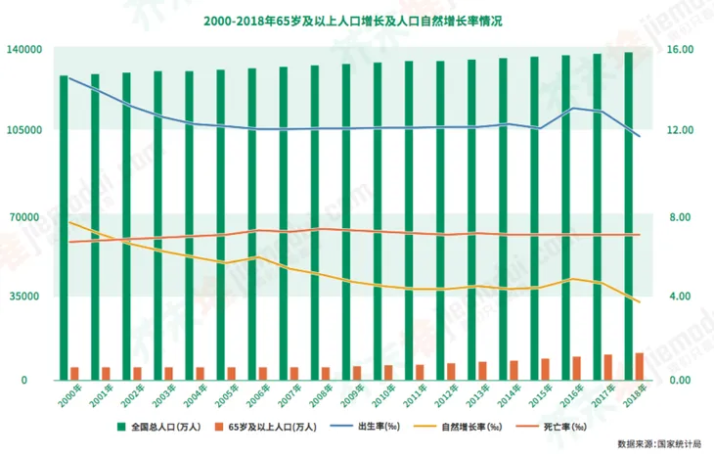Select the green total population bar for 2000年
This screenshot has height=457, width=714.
point(64,225)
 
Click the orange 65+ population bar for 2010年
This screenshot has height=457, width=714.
point(388,371)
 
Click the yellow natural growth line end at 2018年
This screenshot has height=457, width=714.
point(639,301)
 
